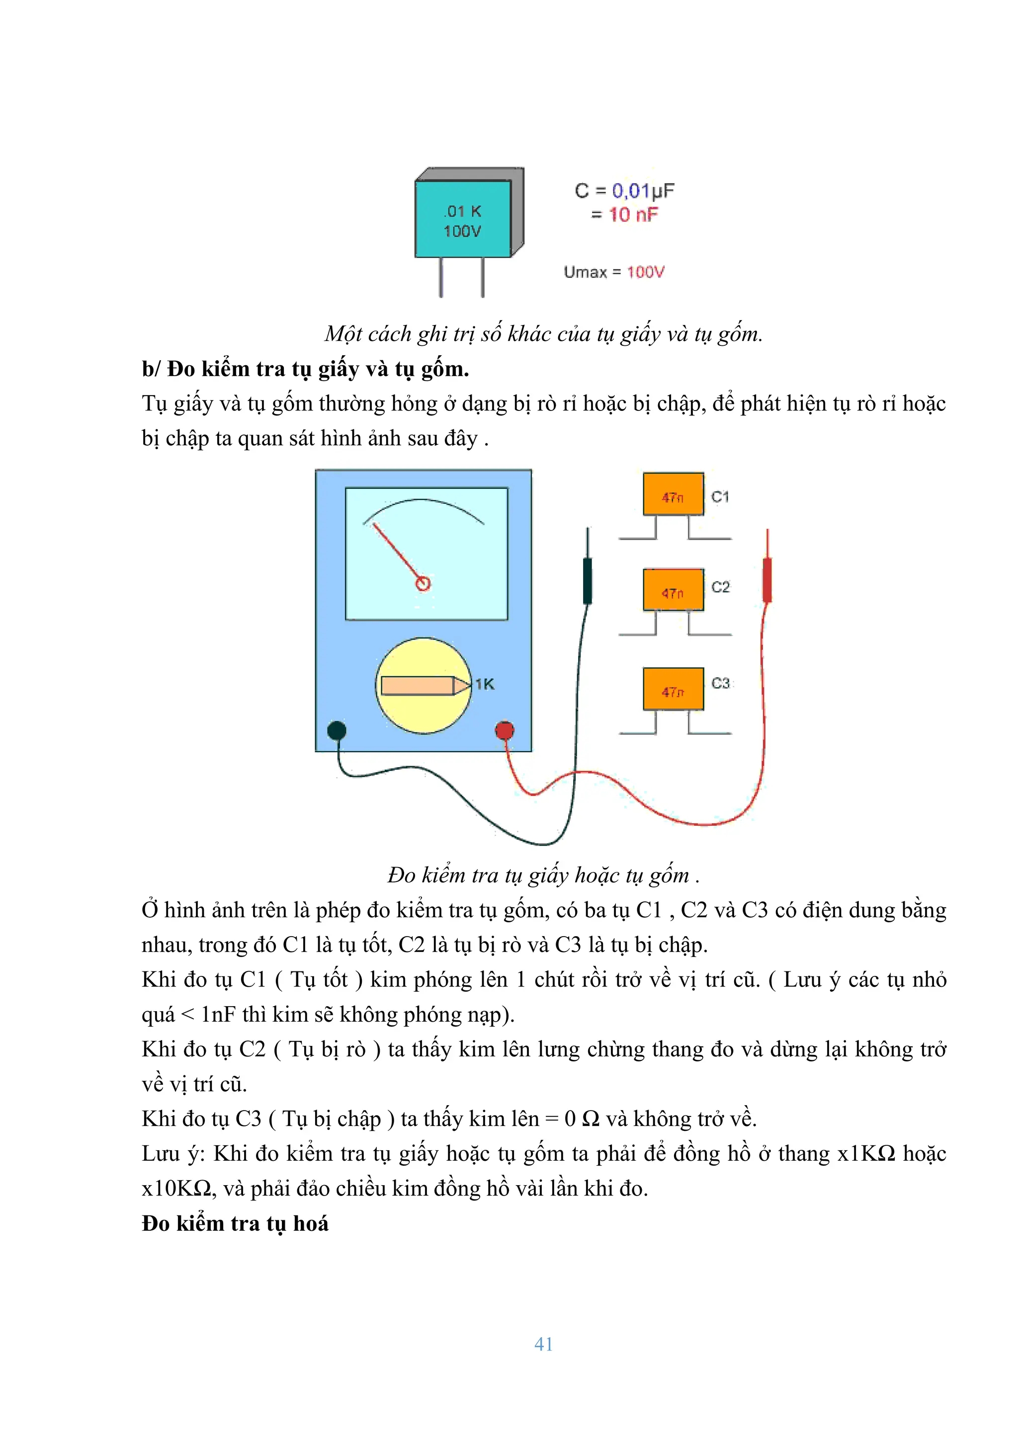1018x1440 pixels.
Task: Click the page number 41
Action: [x=543, y=1344]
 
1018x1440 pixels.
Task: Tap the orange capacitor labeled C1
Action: [x=673, y=495]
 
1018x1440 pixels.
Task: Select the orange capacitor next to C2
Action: [x=673, y=590]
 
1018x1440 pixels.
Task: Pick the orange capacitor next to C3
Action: [x=673, y=689]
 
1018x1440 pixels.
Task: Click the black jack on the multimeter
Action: [x=337, y=730]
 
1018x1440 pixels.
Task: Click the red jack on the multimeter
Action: [x=505, y=730]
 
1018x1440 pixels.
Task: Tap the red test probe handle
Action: [x=766, y=580]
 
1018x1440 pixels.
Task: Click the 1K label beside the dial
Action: [x=484, y=684]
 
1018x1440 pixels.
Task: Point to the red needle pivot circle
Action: [x=424, y=584]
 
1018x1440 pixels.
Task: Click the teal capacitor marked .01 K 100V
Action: [x=463, y=220]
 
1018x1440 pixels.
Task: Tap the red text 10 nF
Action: [x=633, y=215]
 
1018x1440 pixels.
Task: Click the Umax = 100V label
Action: [x=613, y=272]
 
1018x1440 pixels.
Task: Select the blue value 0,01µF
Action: [x=643, y=191]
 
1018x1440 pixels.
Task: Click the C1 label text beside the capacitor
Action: [x=720, y=497]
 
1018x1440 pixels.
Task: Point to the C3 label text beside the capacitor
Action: [x=721, y=683]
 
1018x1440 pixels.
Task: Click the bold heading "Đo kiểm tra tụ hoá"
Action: [x=235, y=1224]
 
